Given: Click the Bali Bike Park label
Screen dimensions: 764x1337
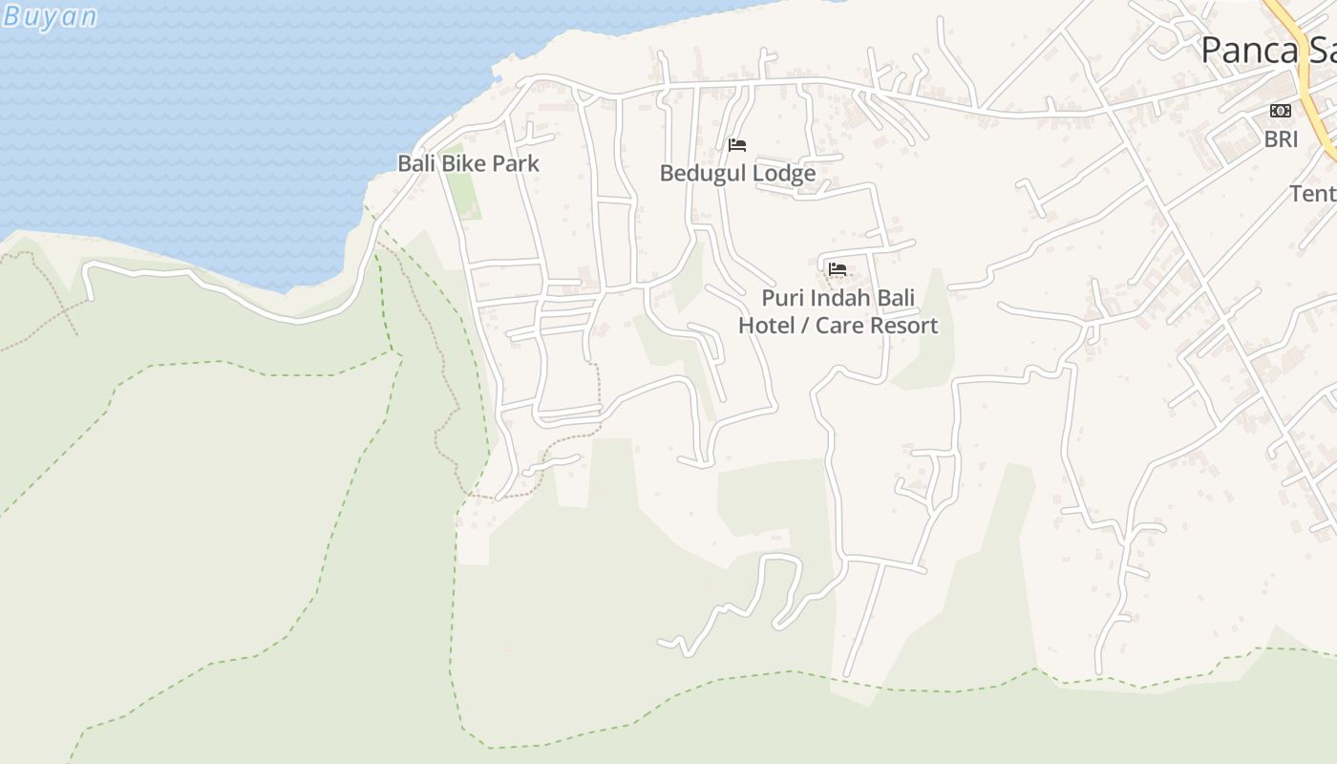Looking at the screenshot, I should tap(468, 163).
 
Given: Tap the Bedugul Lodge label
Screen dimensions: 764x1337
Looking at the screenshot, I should tap(737, 173).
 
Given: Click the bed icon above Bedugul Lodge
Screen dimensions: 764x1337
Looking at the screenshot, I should tap(736, 145).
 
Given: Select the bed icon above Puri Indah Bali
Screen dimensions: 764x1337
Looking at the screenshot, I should tap(838, 269).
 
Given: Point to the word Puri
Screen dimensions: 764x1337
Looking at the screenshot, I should tap(781, 298).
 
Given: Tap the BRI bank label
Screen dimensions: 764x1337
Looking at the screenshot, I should tap(1281, 139).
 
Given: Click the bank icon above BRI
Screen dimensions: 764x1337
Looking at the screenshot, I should tap(1281, 112).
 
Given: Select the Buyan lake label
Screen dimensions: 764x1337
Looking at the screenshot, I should tap(50, 16).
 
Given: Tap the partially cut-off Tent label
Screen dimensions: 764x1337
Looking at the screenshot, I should tap(1313, 193).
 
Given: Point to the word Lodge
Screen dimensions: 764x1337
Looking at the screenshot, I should tap(783, 173).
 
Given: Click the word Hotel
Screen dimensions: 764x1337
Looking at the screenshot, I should tap(765, 326).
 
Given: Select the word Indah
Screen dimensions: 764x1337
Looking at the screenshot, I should tap(838, 298).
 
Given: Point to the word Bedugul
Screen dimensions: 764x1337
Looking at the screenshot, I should tap(703, 173).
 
